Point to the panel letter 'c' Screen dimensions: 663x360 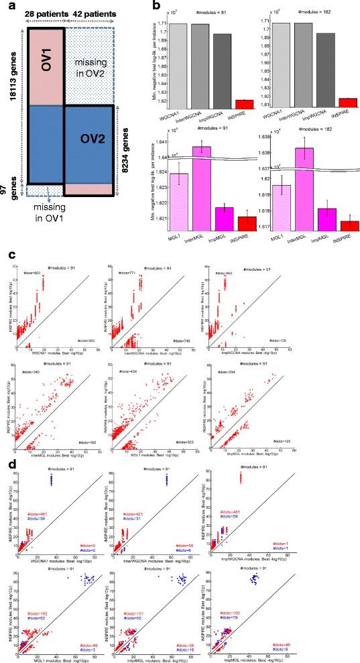click(6, 255)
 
